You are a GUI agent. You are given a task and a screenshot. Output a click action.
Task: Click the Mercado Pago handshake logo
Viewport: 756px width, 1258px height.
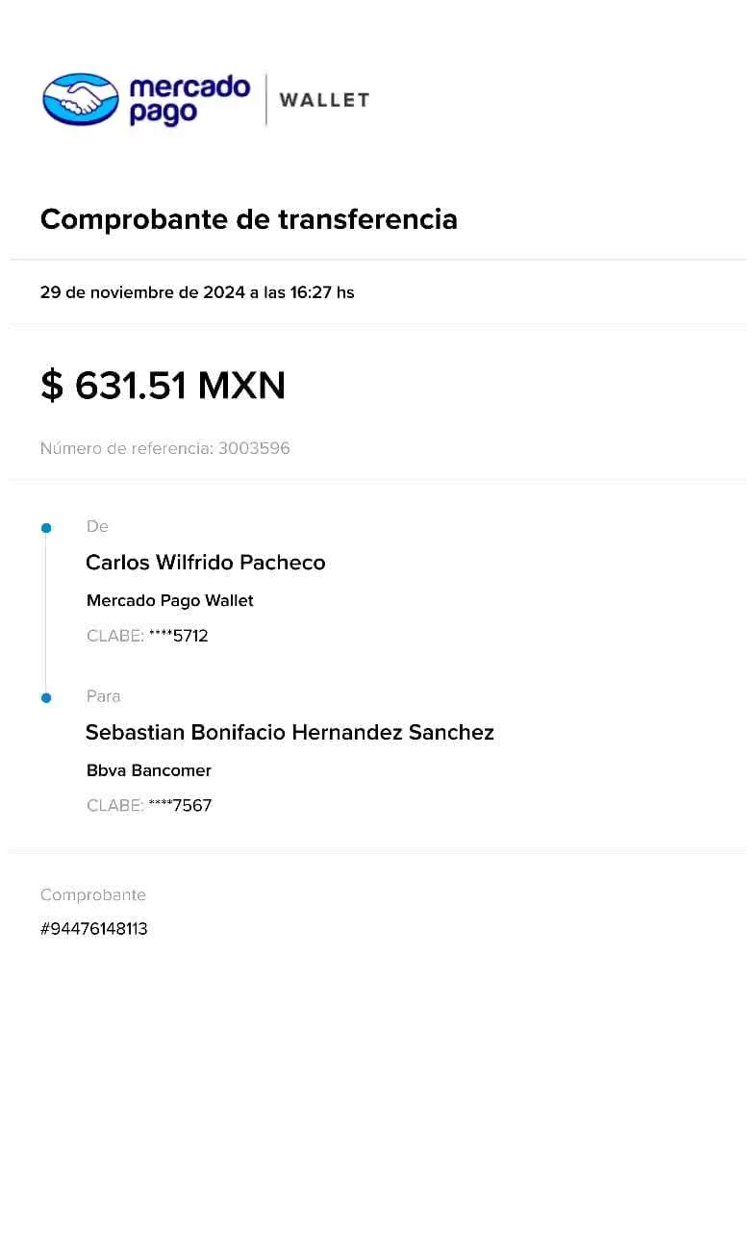click(x=81, y=99)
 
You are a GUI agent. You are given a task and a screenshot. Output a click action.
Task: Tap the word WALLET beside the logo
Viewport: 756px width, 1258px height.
click(x=325, y=100)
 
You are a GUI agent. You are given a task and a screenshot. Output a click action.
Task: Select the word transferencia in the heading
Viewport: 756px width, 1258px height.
click(x=367, y=218)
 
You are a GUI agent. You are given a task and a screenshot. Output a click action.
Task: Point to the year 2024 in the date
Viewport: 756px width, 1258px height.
click(x=223, y=292)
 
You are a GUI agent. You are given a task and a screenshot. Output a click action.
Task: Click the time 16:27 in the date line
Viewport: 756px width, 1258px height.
click(x=311, y=292)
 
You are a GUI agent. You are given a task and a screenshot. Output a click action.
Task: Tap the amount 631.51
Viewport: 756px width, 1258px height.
click(x=130, y=386)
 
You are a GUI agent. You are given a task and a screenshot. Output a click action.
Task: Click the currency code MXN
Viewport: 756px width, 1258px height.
click(x=241, y=386)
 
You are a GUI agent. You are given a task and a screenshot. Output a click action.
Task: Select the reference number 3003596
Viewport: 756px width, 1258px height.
click(x=254, y=448)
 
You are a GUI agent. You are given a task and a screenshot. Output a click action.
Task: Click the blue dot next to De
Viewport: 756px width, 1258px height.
click(x=46, y=528)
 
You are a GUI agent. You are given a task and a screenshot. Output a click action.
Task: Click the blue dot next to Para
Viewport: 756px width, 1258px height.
click(x=46, y=698)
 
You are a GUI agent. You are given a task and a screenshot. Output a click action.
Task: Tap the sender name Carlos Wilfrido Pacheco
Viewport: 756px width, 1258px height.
click(x=206, y=563)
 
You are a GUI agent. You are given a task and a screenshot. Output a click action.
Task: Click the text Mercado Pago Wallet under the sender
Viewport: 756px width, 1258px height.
click(x=169, y=601)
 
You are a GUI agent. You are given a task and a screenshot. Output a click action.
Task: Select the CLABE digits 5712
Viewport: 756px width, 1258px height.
click(x=190, y=636)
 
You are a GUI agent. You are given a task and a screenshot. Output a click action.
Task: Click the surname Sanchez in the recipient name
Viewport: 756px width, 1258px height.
click(x=451, y=732)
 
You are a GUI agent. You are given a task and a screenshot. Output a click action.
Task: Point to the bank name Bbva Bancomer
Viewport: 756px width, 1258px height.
click(x=149, y=770)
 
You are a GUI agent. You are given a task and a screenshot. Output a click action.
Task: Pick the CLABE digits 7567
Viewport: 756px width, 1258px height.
click(x=192, y=806)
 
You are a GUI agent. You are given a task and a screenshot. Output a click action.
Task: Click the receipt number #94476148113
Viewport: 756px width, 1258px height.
click(x=94, y=929)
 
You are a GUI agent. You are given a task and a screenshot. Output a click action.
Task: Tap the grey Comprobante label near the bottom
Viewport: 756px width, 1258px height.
click(x=93, y=894)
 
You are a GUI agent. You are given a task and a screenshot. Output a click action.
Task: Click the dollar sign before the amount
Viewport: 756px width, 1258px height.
click(x=52, y=386)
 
